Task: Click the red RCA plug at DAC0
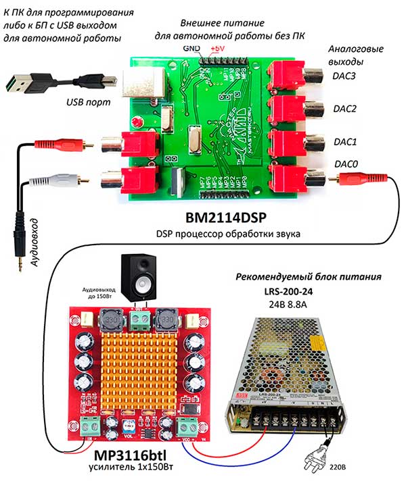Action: click(x=355, y=179)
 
